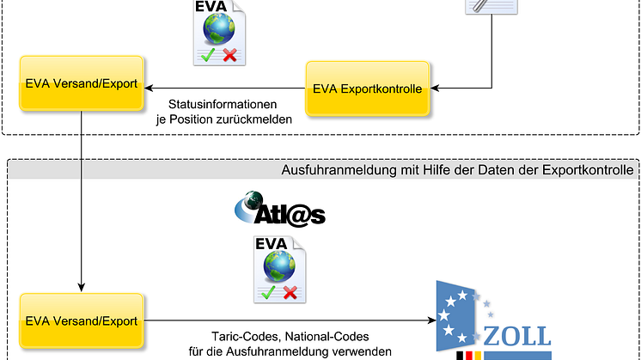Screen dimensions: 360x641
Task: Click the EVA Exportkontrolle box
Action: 368,89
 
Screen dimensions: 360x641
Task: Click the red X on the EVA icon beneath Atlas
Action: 290,293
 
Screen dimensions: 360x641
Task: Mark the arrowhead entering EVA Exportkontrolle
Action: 434,87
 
